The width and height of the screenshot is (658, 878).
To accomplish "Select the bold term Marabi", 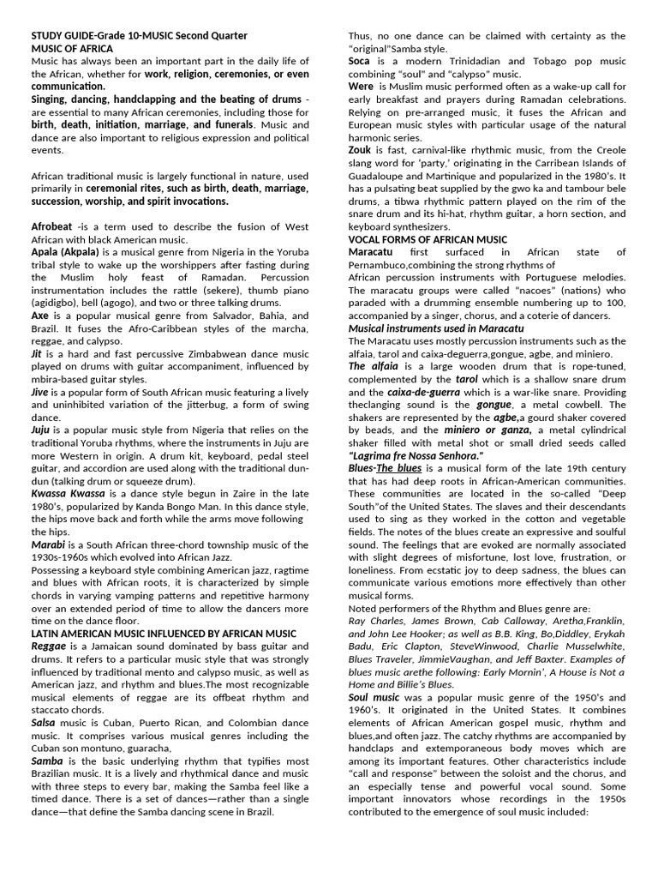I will pos(48,545).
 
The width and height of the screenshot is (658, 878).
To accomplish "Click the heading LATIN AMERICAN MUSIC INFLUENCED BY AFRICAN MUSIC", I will pos(164,634).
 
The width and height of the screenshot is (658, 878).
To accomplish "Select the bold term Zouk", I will pos(361,150).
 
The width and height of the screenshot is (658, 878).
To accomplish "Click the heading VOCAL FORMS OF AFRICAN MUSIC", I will pos(428,239).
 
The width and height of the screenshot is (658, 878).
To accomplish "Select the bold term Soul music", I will pos(374,698).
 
